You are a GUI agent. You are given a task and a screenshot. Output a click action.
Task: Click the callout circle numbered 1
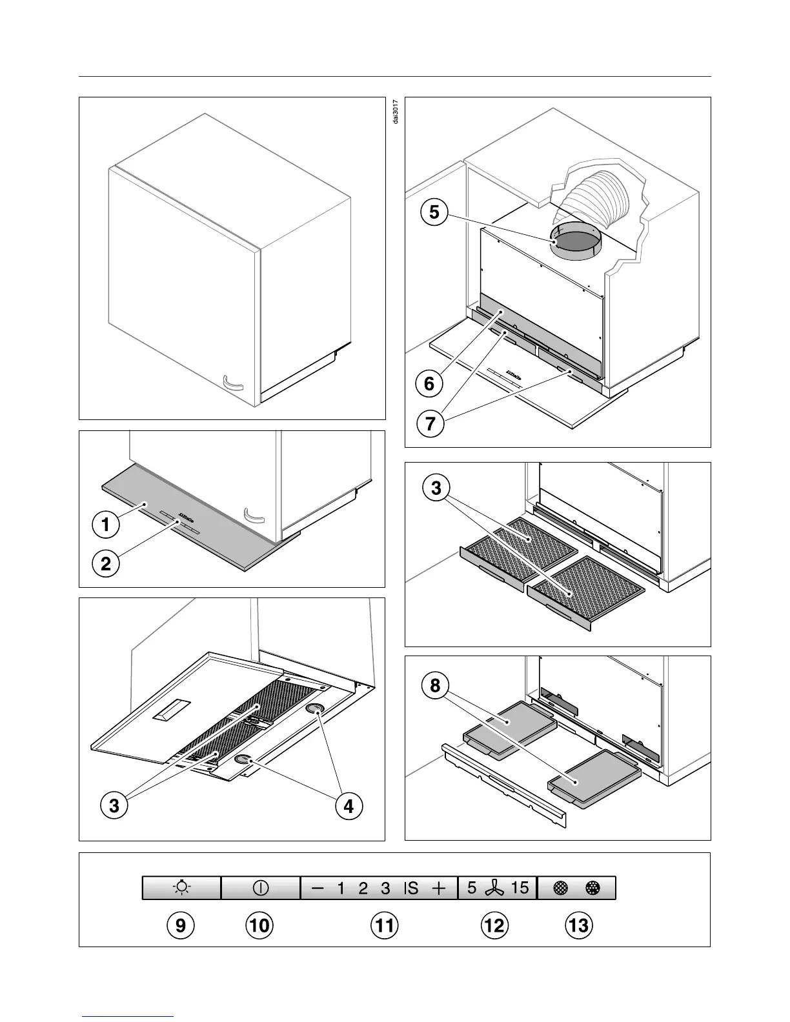pos(106,524)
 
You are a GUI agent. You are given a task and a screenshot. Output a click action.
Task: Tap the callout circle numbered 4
pos(349,806)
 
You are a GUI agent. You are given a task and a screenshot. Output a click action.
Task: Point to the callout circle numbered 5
pos(434,212)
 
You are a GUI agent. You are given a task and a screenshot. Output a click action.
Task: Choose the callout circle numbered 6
pos(429,384)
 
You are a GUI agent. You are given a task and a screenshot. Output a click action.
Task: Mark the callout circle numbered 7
pos(429,424)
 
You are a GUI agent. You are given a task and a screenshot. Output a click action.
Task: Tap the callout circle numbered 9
pos(181,925)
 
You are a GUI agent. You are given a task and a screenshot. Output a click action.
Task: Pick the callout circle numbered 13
pos(578,925)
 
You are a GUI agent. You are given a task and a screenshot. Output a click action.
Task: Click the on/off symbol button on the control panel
pos(260,888)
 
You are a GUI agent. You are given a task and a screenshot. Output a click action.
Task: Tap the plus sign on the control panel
pos(439,888)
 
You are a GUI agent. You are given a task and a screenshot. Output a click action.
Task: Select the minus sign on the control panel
pos(318,888)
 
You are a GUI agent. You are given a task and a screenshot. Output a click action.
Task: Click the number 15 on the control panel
pos(520,888)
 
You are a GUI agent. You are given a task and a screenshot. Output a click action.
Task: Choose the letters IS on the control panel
pos(411,888)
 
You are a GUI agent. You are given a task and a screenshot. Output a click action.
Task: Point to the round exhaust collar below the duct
pos(576,245)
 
